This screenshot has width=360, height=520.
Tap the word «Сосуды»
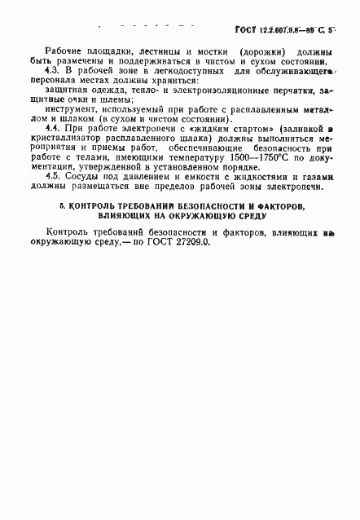(86, 197)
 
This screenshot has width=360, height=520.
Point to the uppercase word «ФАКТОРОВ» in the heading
(274, 231)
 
